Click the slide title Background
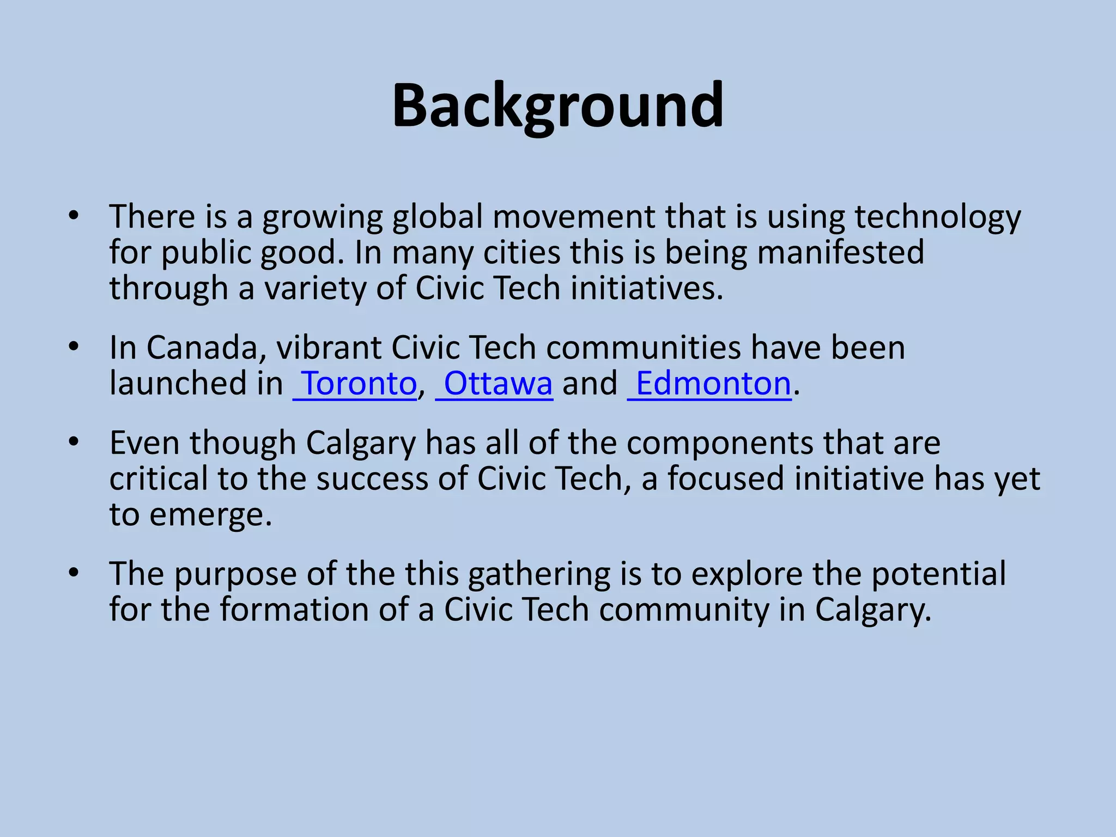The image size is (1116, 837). pos(557,106)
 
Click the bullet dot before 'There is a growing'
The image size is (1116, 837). pos(74,216)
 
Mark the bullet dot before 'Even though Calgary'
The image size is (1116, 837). pos(74,442)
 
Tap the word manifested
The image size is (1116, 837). pos(840,253)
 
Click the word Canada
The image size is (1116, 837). pos(206,348)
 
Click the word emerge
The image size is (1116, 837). pos(210,515)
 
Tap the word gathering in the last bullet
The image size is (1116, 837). pos(539,575)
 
